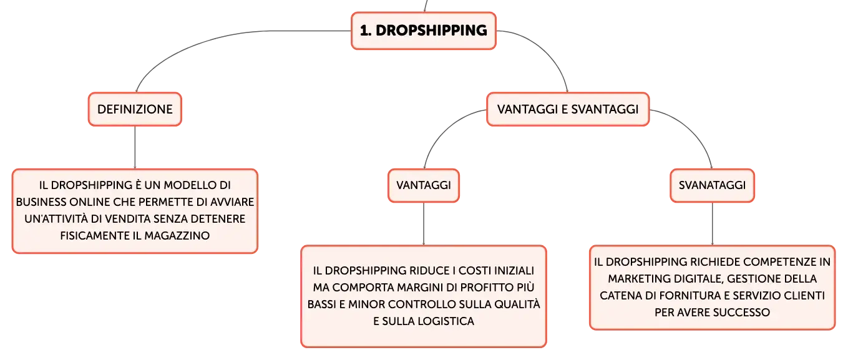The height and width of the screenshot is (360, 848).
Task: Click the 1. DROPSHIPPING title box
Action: pyautogui.click(x=424, y=31)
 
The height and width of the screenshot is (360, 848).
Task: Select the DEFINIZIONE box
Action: pyautogui.click(x=135, y=109)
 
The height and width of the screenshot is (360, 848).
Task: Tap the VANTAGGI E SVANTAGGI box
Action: pyautogui.click(x=568, y=109)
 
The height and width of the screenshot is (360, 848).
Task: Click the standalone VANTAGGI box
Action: pyautogui.click(x=424, y=185)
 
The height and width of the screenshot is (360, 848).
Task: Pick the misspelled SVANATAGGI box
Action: pyautogui.click(x=712, y=185)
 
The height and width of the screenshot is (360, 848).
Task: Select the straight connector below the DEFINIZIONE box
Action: pyautogui.click(x=135, y=147)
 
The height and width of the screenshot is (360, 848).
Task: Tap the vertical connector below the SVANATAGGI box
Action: pyautogui.click(x=713, y=224)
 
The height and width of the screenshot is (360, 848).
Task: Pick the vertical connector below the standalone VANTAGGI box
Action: pyautogui.click(x=424, y=224)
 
